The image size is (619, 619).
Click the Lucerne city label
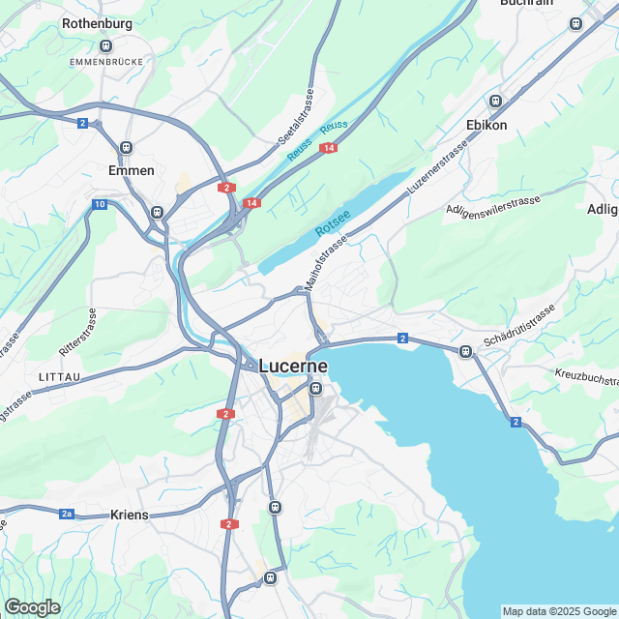(293, 367)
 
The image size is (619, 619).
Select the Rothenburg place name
(97, 23)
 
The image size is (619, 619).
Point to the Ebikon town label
(486, 125)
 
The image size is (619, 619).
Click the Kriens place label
(130, 515)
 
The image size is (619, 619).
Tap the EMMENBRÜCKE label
(106, 61)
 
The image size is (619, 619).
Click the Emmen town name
(133, 170)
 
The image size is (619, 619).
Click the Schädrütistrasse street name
(519, 326)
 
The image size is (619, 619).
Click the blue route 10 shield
(100, 204)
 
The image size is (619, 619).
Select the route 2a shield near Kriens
(67, 515)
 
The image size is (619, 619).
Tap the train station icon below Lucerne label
(315, 389)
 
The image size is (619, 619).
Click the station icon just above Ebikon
(496, 101)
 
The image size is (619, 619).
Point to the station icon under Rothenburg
(106, 44)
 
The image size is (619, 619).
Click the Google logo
(32, 606)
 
